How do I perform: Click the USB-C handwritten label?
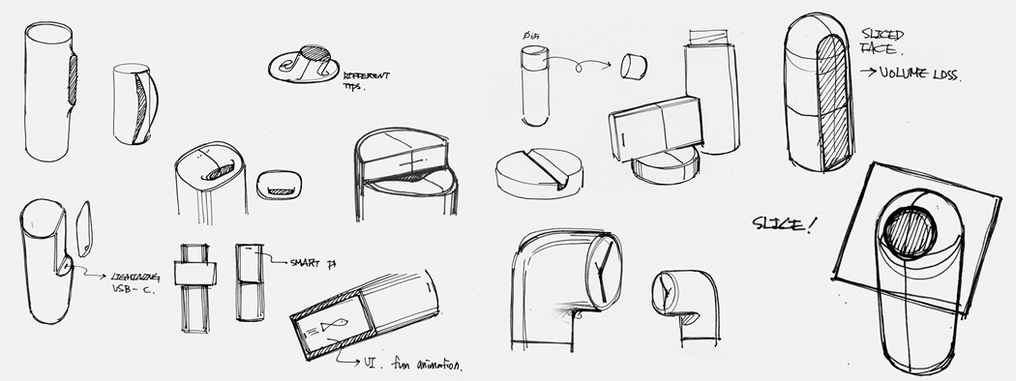pyautogui.click(x=125, y=288)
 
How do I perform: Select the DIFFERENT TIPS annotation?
pyautogui.click(x=365, y=77)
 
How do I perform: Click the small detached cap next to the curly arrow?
pyautogui.click(x=635, y=68)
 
